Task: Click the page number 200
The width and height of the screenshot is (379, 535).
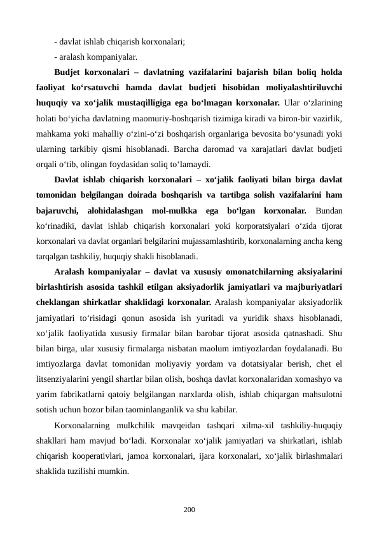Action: (189, 510)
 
